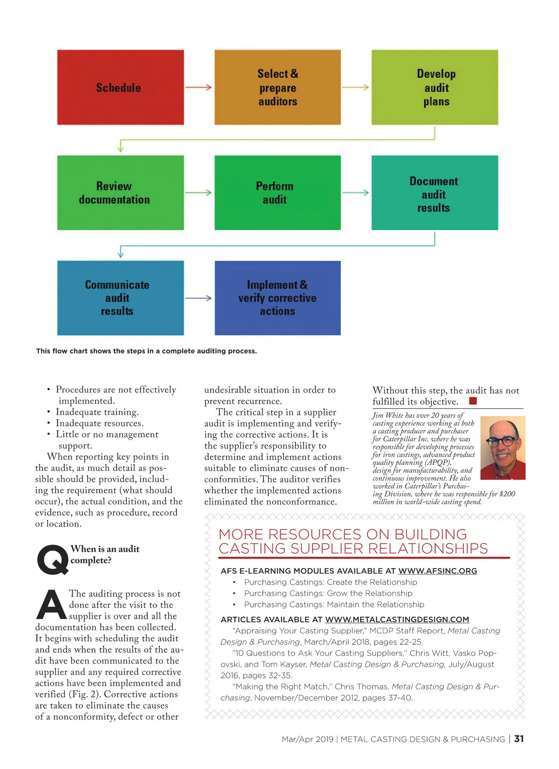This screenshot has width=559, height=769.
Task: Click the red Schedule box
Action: [x=120, y=87]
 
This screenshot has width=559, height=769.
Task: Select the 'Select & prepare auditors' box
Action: [x=277, y=87]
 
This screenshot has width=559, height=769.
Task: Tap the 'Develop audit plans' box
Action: [x=435, y=87]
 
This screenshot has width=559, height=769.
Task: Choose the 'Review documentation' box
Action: [x=120, y=193]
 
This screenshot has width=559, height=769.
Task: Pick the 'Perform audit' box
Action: [x=277, y=193]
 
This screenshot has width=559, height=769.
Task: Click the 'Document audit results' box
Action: [x=435, y=193]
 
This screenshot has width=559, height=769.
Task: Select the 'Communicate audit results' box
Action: [x=120, y=298]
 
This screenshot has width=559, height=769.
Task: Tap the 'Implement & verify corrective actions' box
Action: [x=277, y=298]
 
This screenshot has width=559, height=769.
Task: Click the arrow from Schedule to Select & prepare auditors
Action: [x=199, y=87]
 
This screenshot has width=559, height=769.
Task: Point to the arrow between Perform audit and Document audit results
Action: [x=356, y=193]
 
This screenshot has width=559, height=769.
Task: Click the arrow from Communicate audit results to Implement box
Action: [x=199, y=298]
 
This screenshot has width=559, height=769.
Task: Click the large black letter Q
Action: [x=52, y=560]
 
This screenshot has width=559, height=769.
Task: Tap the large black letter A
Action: [x=51, y=605]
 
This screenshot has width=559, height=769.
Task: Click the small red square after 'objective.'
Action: [x=473, y=401]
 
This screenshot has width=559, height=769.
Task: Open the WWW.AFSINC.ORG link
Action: [x=437, y=571]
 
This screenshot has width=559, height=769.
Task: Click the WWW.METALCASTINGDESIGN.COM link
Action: [x=397, y=620]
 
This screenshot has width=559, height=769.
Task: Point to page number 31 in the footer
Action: [x=519, y=739]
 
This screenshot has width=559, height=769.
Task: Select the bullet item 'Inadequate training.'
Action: [x=97, y=412]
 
